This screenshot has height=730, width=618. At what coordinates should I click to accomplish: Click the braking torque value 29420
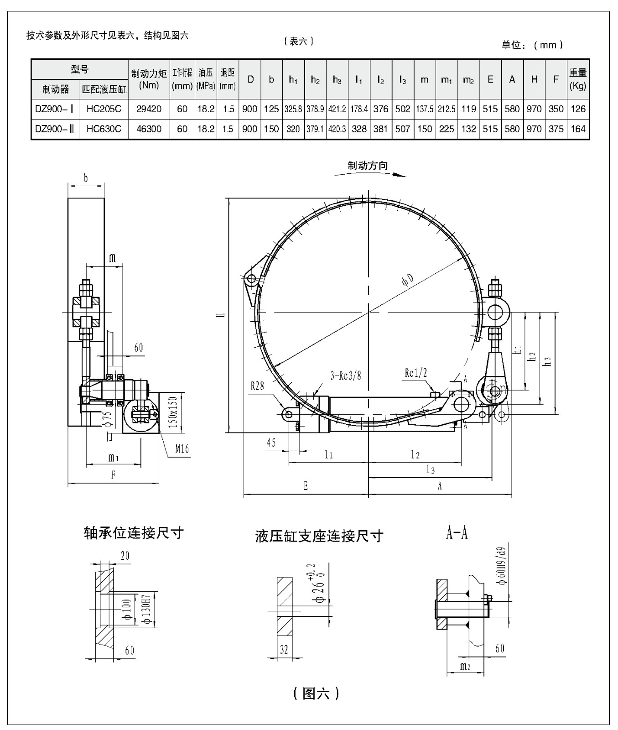(149, 109)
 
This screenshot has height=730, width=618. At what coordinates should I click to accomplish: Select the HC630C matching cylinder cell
(104, 129)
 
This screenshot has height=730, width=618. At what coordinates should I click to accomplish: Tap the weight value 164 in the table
(578, 129)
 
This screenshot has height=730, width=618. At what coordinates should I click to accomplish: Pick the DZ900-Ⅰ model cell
(55, 109)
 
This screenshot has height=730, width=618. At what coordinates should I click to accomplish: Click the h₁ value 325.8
(293, 109)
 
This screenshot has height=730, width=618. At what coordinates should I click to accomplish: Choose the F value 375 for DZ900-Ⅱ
(556, 129)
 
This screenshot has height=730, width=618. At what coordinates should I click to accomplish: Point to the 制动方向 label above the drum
(368, 165)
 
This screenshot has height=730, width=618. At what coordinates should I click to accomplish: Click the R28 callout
(257, 386)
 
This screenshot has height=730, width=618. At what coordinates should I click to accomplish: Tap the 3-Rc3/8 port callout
(345, 375)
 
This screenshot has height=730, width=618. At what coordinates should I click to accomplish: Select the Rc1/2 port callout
(415, 373)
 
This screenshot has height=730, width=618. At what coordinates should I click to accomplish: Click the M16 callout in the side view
(182, 449)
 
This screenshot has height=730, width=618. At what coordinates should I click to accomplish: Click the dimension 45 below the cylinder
(271, 442)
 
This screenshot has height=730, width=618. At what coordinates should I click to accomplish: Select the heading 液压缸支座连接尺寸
(319, 536)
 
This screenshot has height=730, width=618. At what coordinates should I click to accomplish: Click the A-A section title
(457, 533)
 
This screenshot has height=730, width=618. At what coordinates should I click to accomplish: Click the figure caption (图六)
(316, 693)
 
